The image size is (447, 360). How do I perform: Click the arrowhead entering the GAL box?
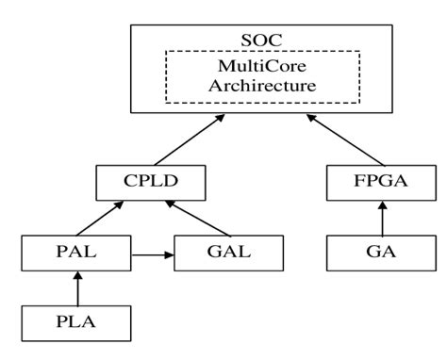(x=172, y=254)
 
